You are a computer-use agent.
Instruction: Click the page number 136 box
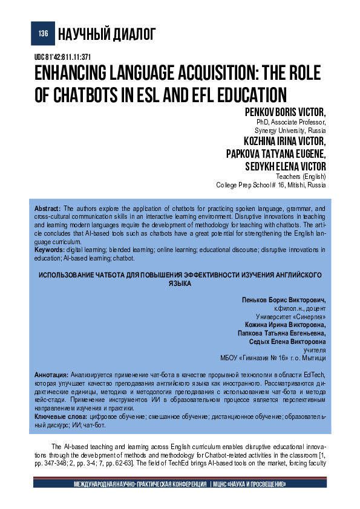pos(43,34)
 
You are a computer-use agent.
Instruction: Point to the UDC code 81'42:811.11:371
pos(63,57)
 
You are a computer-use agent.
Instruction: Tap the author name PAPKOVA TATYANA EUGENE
pos(275,154)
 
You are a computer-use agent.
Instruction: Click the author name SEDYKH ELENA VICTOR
pos(285,166)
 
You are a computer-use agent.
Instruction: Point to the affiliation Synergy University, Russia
pos(290,130)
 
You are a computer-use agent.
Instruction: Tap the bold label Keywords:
pos(49,249)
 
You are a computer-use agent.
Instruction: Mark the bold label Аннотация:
pos(52,375)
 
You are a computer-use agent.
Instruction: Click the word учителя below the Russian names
pos(314,350)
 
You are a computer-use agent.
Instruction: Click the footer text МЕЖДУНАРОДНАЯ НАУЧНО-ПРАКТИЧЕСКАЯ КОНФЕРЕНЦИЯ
pos(140,485)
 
